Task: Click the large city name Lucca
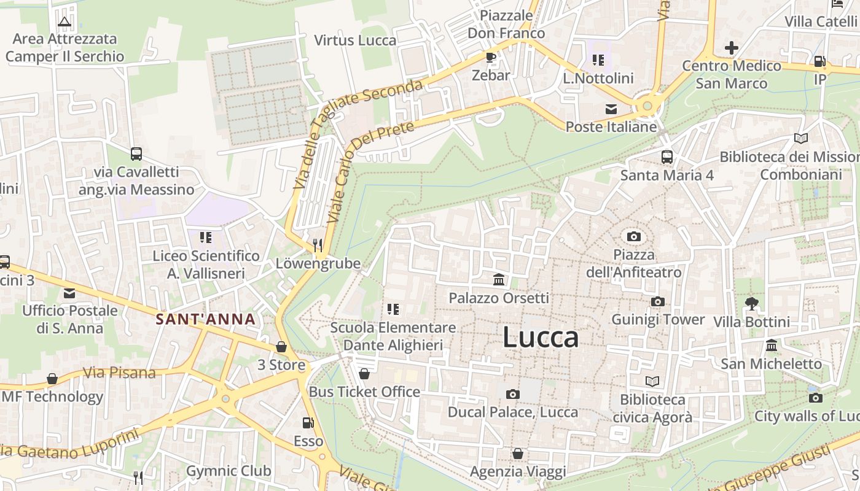click(x=541, y=338)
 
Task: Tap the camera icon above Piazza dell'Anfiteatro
click(x=634, y=236)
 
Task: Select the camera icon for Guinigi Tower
click(x=658, y=301)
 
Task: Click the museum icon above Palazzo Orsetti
click(x=499, y=280)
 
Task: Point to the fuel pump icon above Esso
click(x=308, y=423)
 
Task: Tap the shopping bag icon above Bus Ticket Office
click(x=364, y=373)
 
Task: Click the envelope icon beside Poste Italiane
click(x=611, y=109)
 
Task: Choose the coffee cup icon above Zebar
click(x=491, y=58)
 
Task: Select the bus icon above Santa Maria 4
click(x=667, y=157)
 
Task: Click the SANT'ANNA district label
click(x=205, y=319)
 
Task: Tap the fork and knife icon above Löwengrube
click(x=317, y=245)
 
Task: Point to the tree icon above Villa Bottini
click(x=751, y=303)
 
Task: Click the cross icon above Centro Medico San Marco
click(x=731, y=47)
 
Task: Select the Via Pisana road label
click(x=119, y=373)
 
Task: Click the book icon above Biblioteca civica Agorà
click(x=652, y=382)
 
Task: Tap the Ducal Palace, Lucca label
click(x=513, y=412)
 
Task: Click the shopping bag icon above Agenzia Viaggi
click(x=518, y=454)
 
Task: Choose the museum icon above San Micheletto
click(x=772, y=346)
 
